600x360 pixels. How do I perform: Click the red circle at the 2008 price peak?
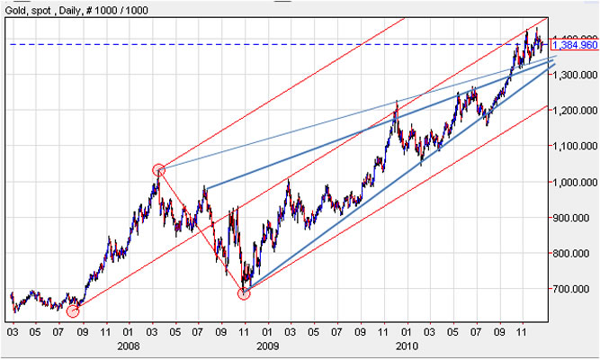coord(159,169)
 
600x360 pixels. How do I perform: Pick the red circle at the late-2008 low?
coord(244,292)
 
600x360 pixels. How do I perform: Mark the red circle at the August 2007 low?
coord(73,311)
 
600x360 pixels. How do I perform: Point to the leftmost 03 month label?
coord(12,330)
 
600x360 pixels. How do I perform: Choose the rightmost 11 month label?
coord(522,330)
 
